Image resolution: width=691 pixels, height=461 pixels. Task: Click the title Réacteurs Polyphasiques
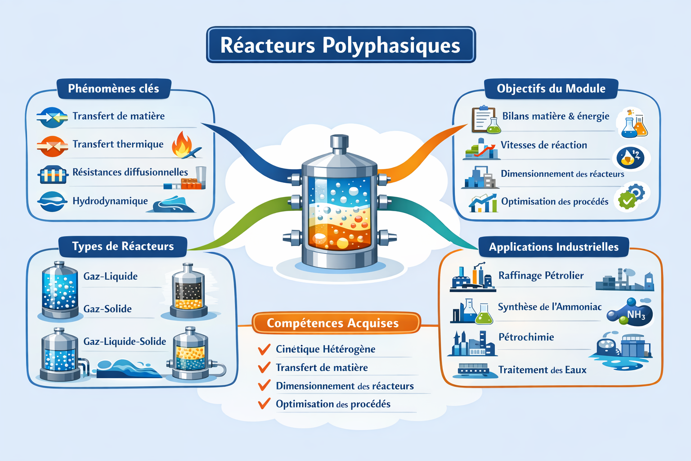click(341, 45)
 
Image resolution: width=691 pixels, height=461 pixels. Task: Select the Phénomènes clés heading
click(113, 89)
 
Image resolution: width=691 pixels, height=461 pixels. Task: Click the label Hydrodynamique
click(110, 201)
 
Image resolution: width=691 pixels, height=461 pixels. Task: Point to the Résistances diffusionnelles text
click(130, 172)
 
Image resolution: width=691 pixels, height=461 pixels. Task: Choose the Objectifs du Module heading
click(551, 89)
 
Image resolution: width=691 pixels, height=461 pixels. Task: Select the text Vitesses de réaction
click(543, 145)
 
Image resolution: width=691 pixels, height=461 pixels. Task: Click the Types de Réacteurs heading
click(123, 246)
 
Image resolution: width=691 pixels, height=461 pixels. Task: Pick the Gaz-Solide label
click(108, 309)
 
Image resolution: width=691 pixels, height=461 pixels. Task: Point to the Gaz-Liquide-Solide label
click(125, 341)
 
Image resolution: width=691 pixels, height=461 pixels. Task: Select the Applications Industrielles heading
click(553, 247)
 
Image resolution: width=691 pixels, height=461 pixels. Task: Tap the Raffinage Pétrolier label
click(541, 276)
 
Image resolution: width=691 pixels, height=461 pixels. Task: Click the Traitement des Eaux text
click(542, 370)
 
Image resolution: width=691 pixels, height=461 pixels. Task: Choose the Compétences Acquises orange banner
click(333, 323)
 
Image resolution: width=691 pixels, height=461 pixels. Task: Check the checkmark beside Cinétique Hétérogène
click(264, 349)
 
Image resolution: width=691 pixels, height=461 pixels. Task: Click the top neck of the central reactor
click(339, 142)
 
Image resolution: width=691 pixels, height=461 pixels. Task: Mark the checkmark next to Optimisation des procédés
click(264, 404)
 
